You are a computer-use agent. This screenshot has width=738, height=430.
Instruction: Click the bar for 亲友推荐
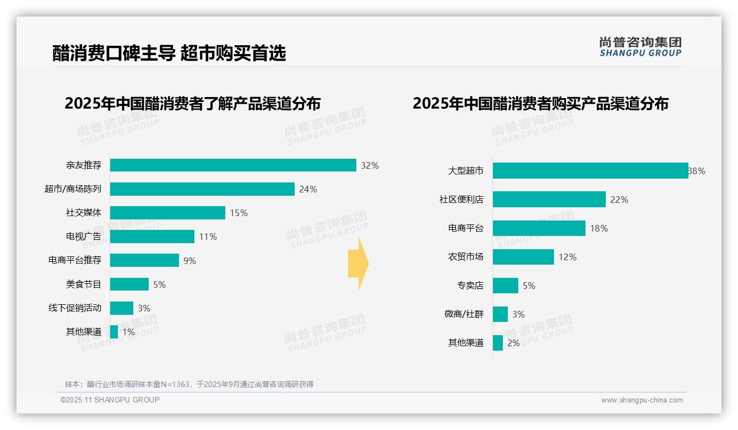tap(233, 165)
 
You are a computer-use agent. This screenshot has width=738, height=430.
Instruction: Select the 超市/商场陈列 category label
tap(73, 189)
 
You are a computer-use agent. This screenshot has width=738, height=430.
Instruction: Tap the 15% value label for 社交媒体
tap(238, 213)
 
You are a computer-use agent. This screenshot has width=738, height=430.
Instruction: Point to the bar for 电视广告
tap(152, 237)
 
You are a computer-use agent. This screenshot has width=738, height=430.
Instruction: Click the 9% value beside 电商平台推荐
tap(189, 261)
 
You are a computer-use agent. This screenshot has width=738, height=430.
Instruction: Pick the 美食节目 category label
tap(84, 284)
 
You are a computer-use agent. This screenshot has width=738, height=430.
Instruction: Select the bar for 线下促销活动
tap(122, 308)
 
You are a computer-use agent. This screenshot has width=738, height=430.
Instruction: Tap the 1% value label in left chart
tap(128, 332)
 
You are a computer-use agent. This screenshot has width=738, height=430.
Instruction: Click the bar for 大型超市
tap(590, 171)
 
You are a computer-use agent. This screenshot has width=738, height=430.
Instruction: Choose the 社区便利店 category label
tap(462, 200)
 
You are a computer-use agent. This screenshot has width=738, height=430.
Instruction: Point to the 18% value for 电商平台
tap(599, 228)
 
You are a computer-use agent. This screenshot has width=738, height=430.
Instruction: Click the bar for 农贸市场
tap(523, 257)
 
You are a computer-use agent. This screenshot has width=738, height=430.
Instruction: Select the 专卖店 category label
tap(470, 286)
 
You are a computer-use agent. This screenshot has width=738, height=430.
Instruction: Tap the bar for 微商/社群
tap(500, 314)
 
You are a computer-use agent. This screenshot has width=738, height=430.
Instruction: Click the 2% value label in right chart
tap(513, 343)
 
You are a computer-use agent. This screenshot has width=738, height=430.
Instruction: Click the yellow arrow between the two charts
tap(358, 264)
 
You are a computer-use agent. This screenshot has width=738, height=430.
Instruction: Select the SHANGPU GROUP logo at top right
tap(640, 47)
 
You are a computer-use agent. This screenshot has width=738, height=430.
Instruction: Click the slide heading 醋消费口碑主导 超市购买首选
tap(169, 53)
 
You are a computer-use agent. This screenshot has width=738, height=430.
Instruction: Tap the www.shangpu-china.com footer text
tap(642, 400)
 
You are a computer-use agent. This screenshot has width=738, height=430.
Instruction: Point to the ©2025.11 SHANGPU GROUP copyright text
tap(110, 400)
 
